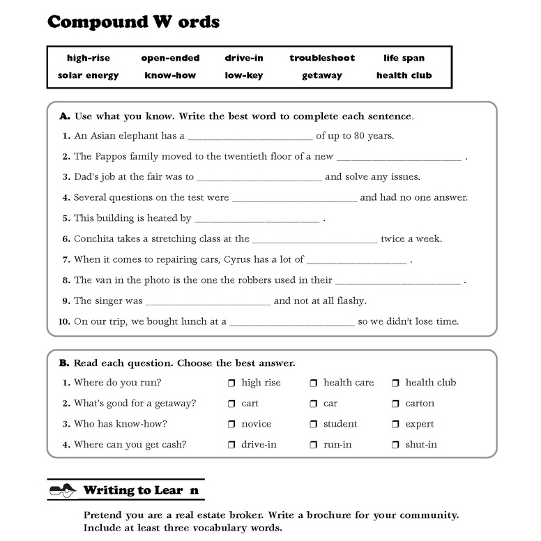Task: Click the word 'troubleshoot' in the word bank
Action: (x=322, y=58)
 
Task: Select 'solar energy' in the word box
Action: (x=88, y=75)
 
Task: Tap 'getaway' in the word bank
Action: (x=321, y=75)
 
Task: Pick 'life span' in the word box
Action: (x=404, y=58)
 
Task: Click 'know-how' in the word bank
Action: (x=170, y=75)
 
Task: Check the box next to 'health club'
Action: (x=395, y=383)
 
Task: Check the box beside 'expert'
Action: (x=395, y=424)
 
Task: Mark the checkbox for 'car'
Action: (x=313, y=404)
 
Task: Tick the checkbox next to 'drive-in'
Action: (x=231, y=445)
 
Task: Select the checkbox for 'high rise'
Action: (x=231, y=383)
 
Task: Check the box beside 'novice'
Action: (x=231, y=424)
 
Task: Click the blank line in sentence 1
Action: (x=250, y=137)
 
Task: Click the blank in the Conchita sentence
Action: (x=314, y=240)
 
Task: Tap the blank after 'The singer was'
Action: (x=208, y=302)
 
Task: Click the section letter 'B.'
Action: (x=64, y=363)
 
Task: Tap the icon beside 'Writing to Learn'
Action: (x=62, y=490)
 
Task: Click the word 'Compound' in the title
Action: (x=94, y=22)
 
